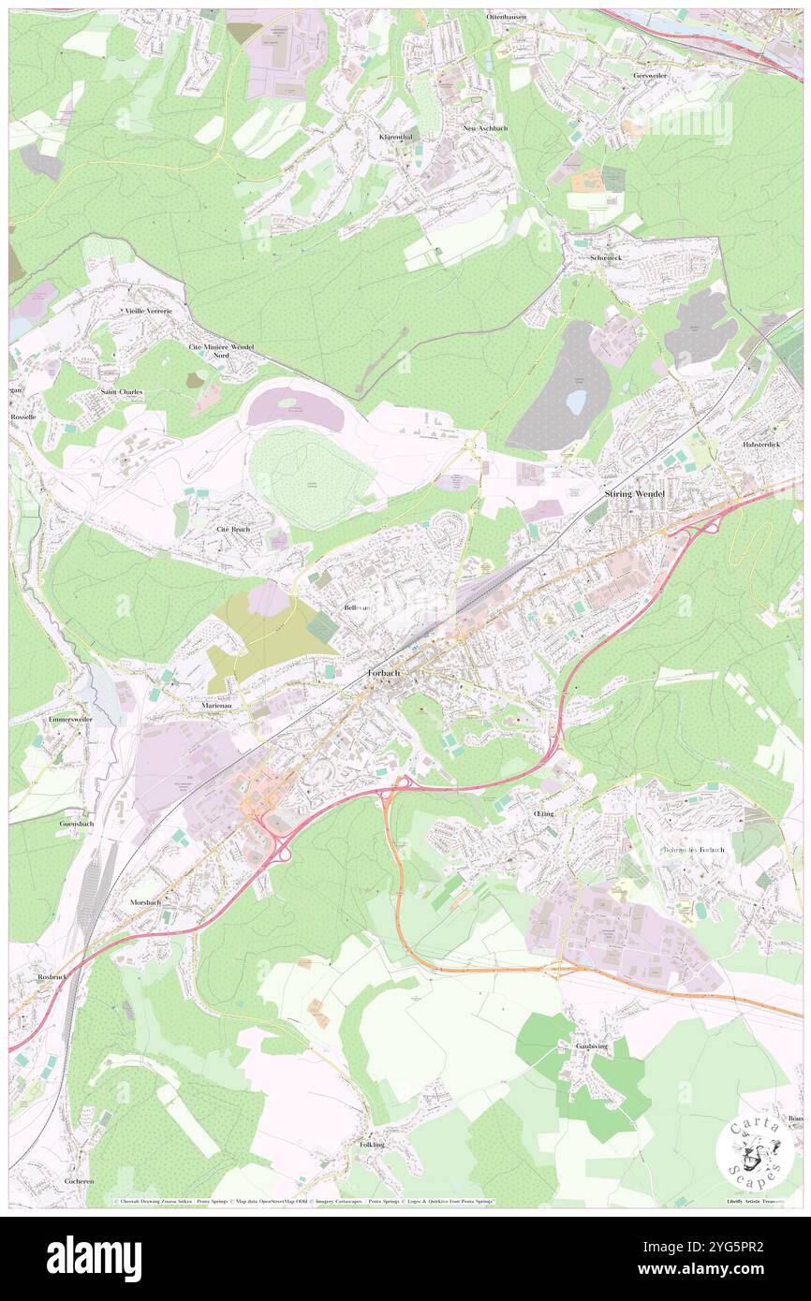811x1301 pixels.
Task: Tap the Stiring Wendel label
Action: [x=634, y=493]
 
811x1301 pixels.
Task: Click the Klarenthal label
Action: [x=395, y=137]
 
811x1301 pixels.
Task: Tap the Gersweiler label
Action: [x=653, y=76]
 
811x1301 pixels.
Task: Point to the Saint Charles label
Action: [x=122, y=391]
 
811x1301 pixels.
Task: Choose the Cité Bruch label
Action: [x=233, y=529]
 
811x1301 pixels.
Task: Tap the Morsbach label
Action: [x=145, y=902]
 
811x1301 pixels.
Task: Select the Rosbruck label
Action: [x=53, y=976]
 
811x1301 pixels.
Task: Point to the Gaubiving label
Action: [x=591, y=1046]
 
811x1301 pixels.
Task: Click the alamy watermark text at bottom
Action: [x=94, y=1259]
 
